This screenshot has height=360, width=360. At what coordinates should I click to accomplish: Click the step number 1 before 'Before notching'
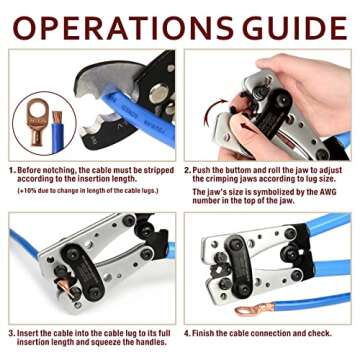click(x=12, y=170)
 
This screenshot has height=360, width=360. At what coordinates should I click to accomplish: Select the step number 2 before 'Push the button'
click(x=188, y=170)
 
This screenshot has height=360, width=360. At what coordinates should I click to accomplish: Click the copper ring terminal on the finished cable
click(x=247, y=309)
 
